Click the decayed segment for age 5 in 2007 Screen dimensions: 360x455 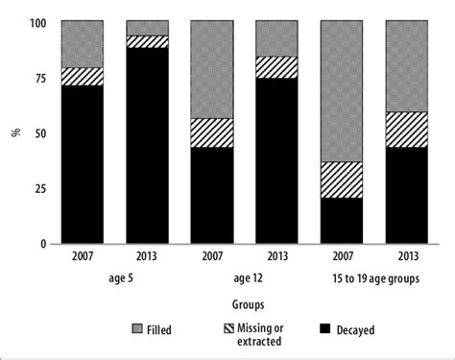tap(83, 164)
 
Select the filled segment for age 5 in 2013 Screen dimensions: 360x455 tap(147, 27)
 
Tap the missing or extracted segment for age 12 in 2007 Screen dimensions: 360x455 tap(211, 132)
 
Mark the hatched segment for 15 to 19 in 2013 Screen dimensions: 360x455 tap(406, 129)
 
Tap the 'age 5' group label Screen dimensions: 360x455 tap(114, 280)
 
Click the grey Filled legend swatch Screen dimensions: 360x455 tap(135, 329)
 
